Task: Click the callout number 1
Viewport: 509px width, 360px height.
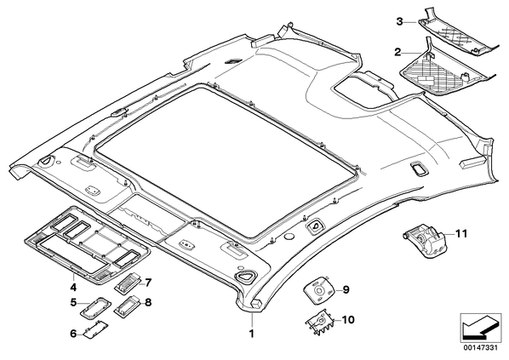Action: [252, 334]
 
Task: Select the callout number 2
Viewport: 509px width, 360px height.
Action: [397, 52]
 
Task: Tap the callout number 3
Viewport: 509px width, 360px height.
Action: [399, 22]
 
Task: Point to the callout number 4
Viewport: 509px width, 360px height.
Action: [73, 287]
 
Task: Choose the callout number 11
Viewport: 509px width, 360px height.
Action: [461, 234]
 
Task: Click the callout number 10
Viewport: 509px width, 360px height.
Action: [348, 320]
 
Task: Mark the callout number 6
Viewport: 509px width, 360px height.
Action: [74, 333]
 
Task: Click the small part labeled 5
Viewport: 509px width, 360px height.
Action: [95, 308]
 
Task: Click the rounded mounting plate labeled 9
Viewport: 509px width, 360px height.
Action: [319, 290]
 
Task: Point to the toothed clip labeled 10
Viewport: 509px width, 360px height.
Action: [319, 323]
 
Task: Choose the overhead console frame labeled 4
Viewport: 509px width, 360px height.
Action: [87, 245]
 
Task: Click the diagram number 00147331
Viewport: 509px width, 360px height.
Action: [480, 348]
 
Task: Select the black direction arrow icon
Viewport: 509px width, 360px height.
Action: [481, 327]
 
